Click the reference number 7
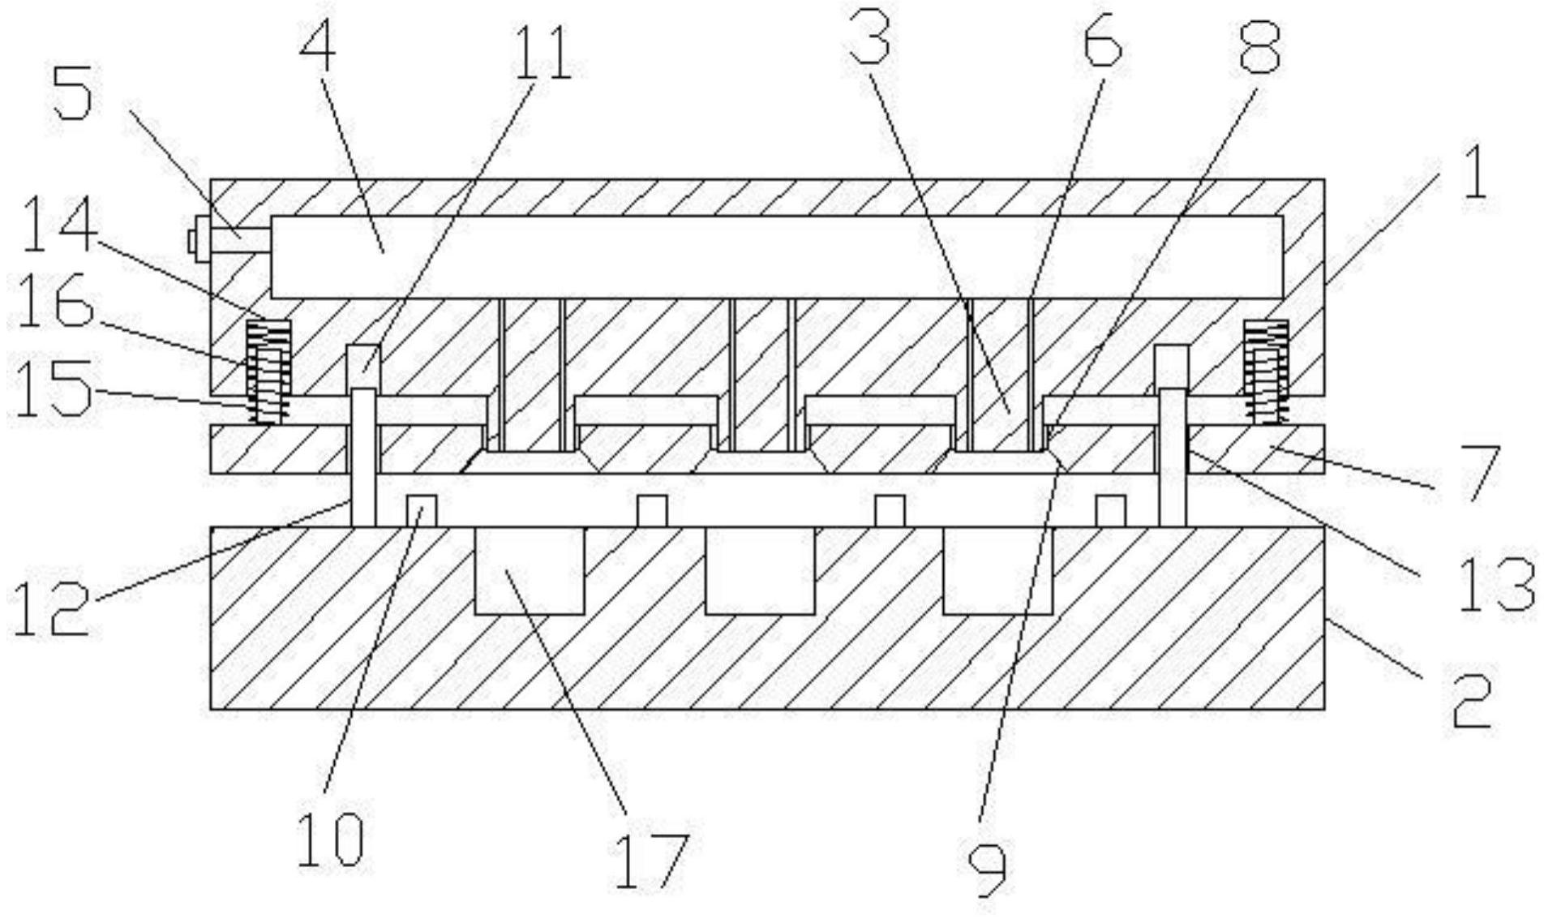coord(1474,473)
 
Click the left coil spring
coord(268,371)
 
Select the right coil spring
coord(1267,371)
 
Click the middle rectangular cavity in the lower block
coord(759,570)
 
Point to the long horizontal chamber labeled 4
coord(777,256)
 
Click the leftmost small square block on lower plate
coord(421,511)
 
